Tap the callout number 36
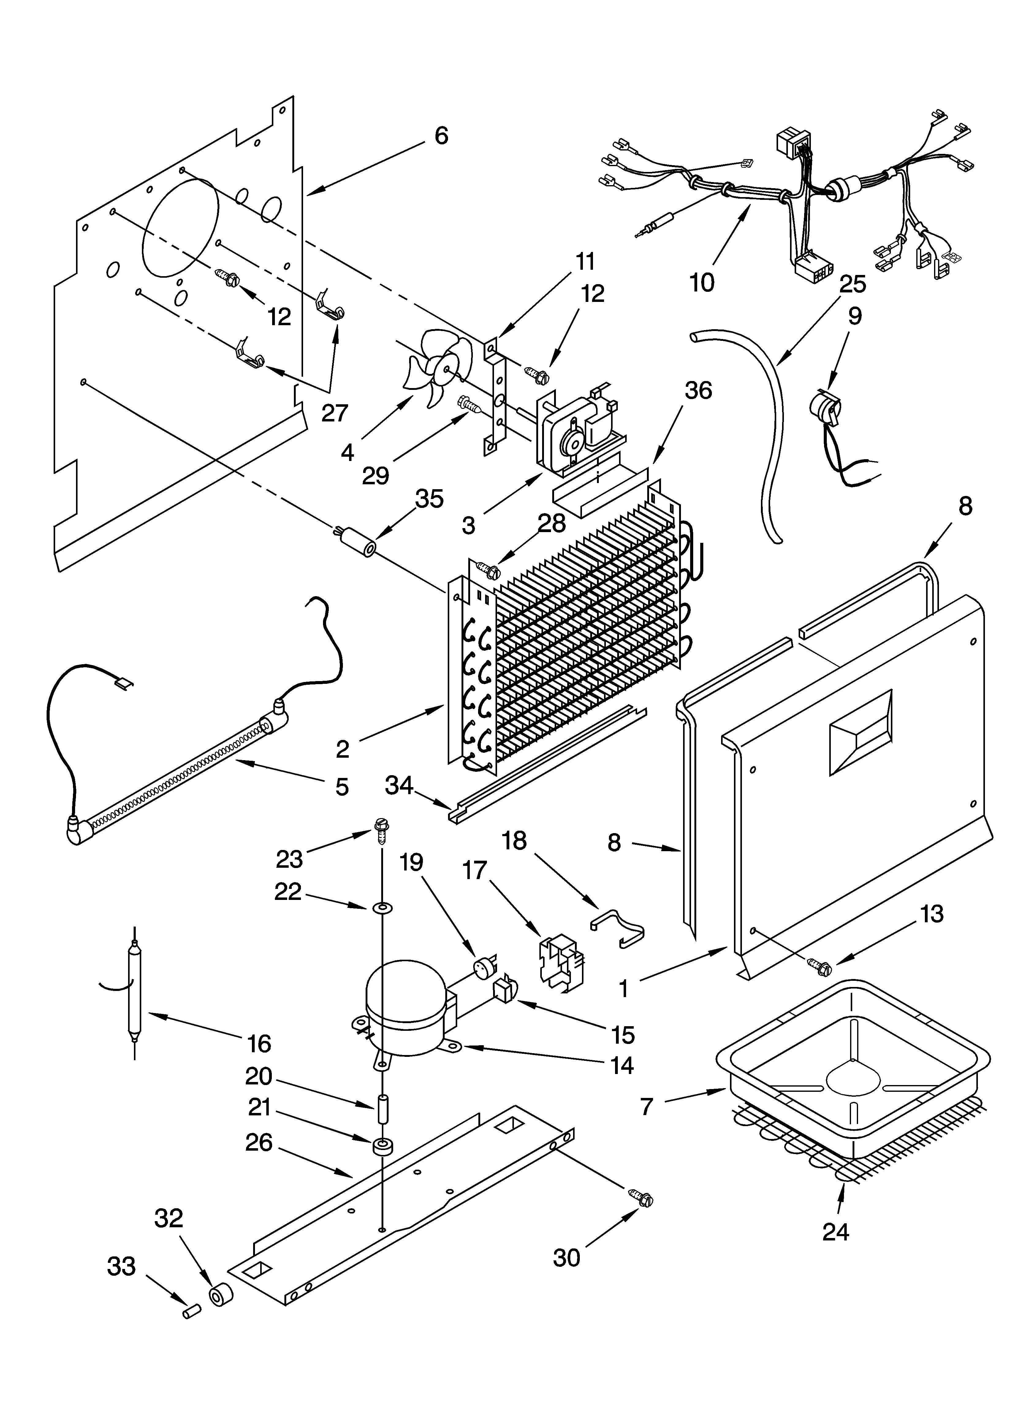pyautogui.click(x=698, y=390)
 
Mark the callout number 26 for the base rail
pyautogui.click(x=259, y=1143)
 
